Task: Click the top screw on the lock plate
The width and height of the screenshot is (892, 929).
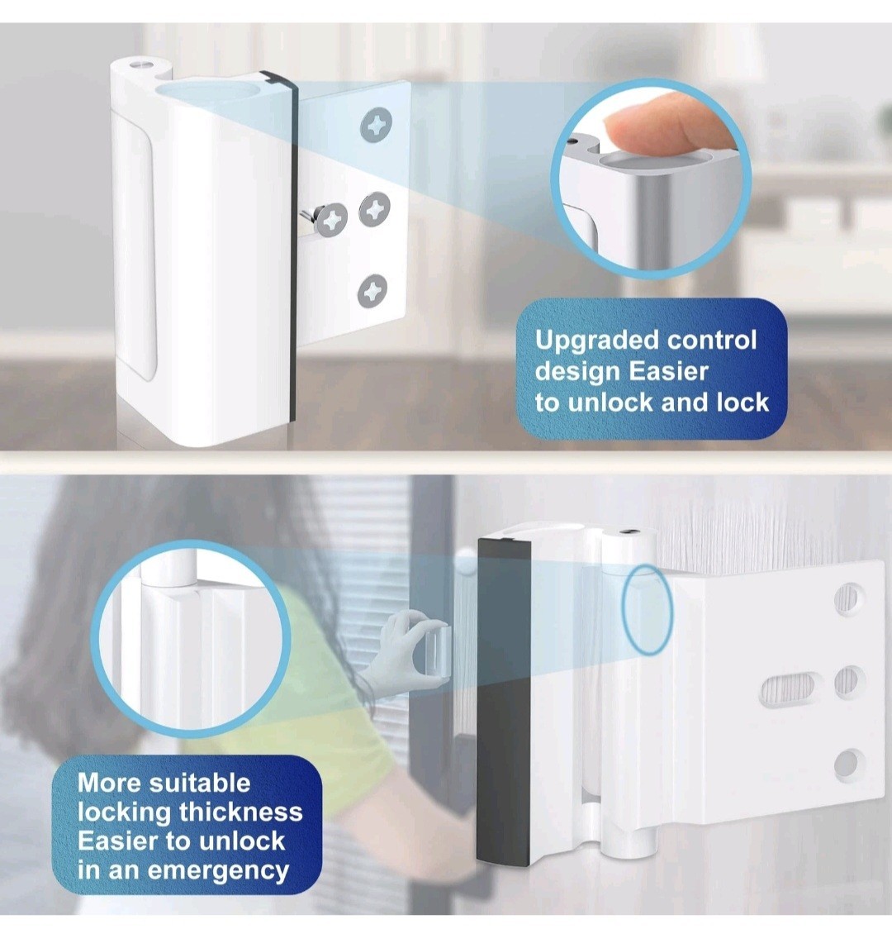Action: tap(377, 125)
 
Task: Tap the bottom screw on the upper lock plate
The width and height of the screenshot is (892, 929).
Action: tap(372, 291)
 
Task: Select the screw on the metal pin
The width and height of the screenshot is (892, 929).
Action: tap(331, 219)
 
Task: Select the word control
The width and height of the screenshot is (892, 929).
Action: tap(713, 340)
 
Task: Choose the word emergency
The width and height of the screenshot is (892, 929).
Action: tap(218, 871)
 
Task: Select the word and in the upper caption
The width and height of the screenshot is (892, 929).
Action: tap(685, 403)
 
